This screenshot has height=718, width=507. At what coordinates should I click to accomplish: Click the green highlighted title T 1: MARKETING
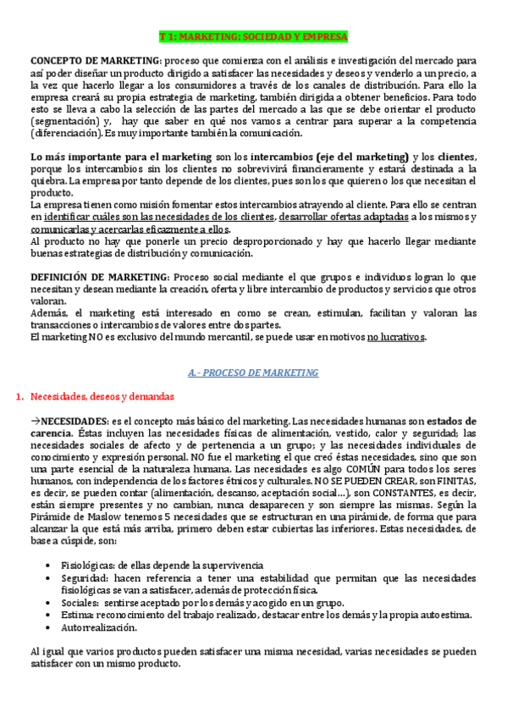coord(253,38)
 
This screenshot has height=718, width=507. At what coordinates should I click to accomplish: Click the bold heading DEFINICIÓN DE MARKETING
coord(99,277)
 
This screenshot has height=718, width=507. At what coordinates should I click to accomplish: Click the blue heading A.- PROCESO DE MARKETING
coord(253,373)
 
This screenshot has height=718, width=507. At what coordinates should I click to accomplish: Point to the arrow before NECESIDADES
coord(35,421)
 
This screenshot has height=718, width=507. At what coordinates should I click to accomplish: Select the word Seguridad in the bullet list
coord(84,577)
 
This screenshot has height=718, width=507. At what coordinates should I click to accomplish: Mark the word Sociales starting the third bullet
coord(80,602)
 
